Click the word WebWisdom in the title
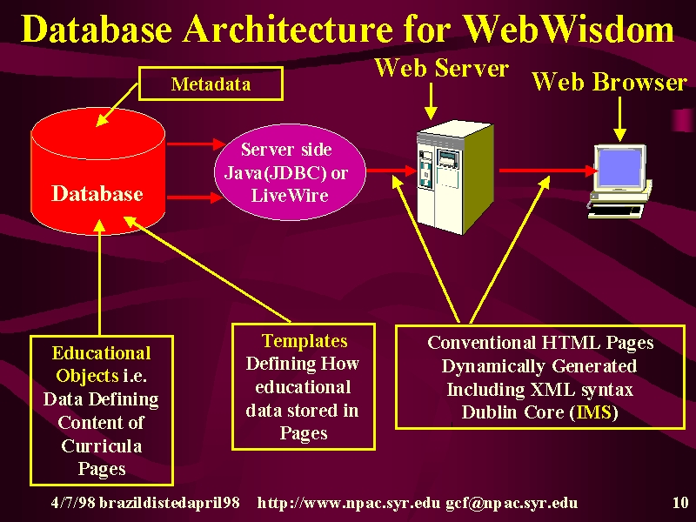pyautogui.click(x=570, y=30)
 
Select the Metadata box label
pyautogui.click(x=211, y=84)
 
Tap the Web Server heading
pyautogui.click(x=442, y=68)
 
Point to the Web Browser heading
pyautogui.click(x=610, y=82)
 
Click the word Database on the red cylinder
pyautogui.click(x=97, y=193)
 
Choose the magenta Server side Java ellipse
pyautogui.click(x=290, y=171)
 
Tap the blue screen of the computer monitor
pyautogui.click(x=619, y=168)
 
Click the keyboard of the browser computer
pyautogui.click(x=616, y=211)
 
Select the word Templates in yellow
pyautogui.click(x=304, y=341)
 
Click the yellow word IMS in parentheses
pyautogui.click(x=594, y=412)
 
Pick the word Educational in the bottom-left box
pyautogui.click(x=101, y=353)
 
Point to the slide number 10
pyautogui.click(x=680, y=503)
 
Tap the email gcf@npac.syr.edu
pyautogui.click(x=512, y=503)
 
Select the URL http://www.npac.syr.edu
pyautogui.click(x=349, y=503)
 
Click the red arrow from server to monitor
pyautogui.click(x=549, y=170)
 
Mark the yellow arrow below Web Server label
pyautogui.click(x=431, y=101)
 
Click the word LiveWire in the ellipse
pyautogui.click(x=290, y=195)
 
